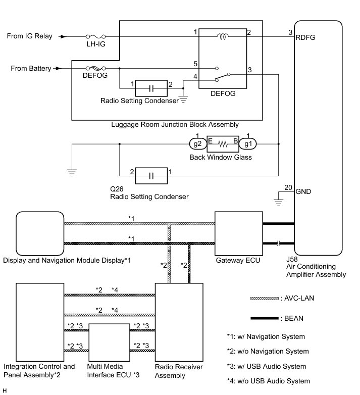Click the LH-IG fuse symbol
pos(96,37)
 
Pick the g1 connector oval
pos(248,144)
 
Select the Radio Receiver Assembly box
pos(179,321)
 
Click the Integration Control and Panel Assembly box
pos(40,321)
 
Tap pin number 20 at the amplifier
pos(288,187)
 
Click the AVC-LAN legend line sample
pos(264,299)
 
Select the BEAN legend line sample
pos(264,318)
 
